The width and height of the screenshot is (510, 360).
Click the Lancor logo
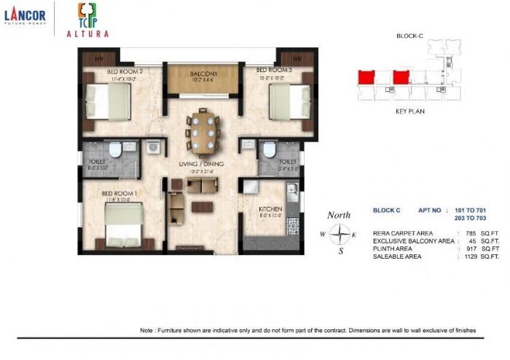pyautogui.click(x=25, y=17)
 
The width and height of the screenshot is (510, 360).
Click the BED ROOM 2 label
pyautogui.click(x=124, y=71)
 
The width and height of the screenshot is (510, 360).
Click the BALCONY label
pyautogui.click(x=205, y=74)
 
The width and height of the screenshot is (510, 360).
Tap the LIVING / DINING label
pyautogui.click(x=201, y=164)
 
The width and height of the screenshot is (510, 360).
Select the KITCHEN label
pyautogui.click(x=270, y=210)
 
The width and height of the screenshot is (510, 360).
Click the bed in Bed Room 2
pyautogui.click(x=108, y=102)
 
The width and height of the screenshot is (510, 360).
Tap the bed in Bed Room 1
pyautogui.click(x=124, y=224)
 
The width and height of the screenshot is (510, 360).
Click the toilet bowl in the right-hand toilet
pyautogui.click(x=269, y=150)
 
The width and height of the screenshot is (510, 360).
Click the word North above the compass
pyautogui.click(x=339, y=215)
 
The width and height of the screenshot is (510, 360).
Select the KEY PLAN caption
pyautogui.click(x=409, y=111)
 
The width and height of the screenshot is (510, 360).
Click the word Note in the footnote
pyautogui.click(x=146, y=331)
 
